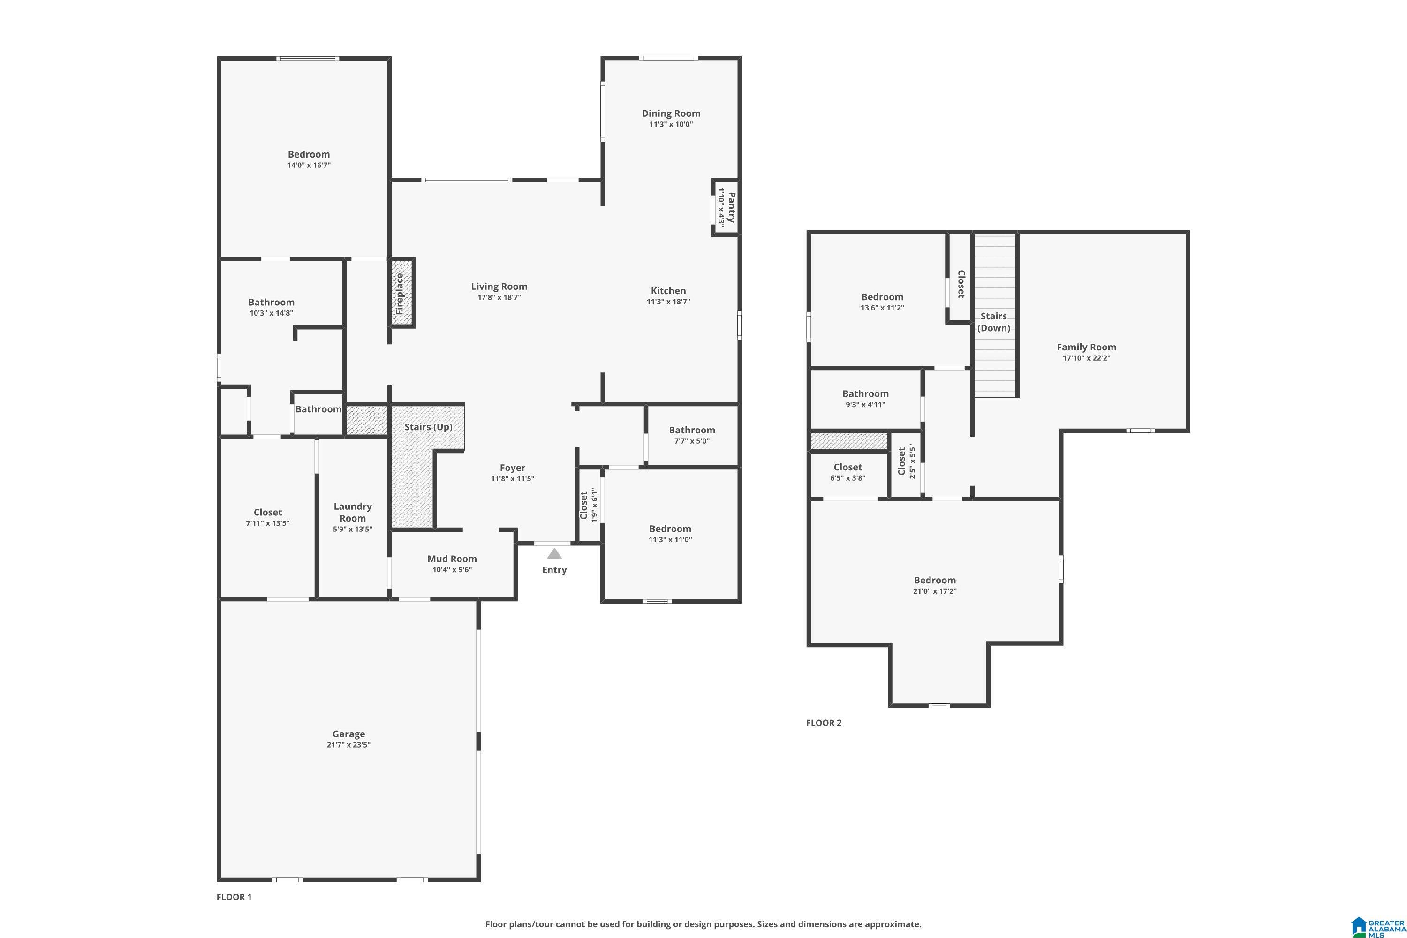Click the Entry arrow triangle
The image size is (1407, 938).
[x=554, y=554]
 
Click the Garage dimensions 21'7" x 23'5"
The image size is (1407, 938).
[x=349, y=745]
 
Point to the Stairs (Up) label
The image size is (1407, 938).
[x=428, y=426]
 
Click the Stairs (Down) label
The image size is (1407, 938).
[x=994, y=322]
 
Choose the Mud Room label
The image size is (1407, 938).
[x=452, y=559]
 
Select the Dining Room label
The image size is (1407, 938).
[x=671, y=113]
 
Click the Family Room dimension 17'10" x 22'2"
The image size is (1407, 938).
[x=1086, y=358]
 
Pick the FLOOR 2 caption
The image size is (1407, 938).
[x=824, y=723]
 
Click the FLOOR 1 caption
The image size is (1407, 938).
[x=234, y=897]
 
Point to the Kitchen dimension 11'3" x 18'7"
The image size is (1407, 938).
[x=668, y=302]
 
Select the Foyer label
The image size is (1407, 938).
[x=512, y=468]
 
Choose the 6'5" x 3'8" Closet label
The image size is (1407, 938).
[x=847, y=467]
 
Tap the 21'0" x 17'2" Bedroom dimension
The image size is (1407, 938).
[x=934, y=591]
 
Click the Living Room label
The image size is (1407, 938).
[x=499, y=287]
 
